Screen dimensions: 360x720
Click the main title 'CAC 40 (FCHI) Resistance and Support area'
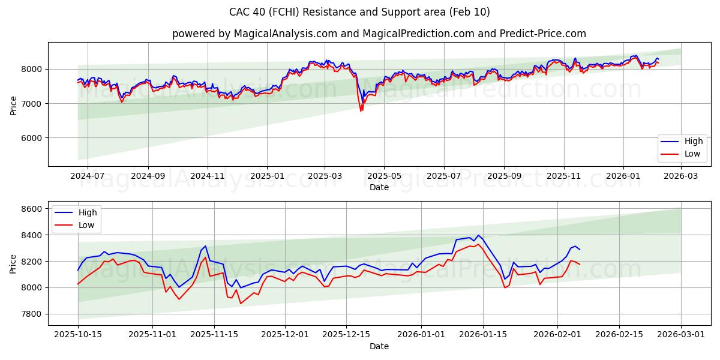(x=359, y=12)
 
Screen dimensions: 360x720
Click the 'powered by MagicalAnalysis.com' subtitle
(x=379, y=34)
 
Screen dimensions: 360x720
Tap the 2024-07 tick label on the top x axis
(x=88, y=176)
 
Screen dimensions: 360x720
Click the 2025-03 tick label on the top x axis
(x=325, y=176)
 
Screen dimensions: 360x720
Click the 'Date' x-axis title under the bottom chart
(x=379, y=346)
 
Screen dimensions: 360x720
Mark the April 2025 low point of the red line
(x=361, y=111)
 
